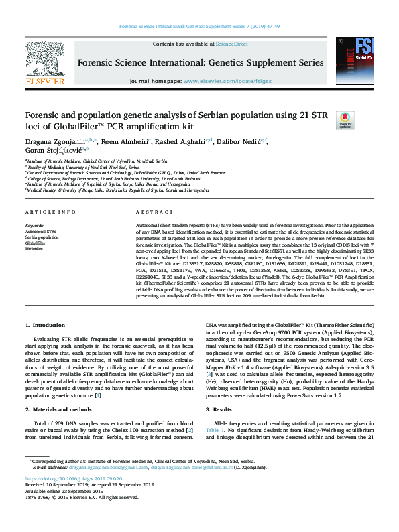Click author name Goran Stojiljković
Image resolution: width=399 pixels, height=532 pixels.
click(56, 151)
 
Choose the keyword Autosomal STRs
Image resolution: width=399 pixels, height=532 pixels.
click(41, 232)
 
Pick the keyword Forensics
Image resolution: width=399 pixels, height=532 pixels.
click(36, 248)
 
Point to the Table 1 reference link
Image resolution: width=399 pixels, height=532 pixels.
click(214, 431)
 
